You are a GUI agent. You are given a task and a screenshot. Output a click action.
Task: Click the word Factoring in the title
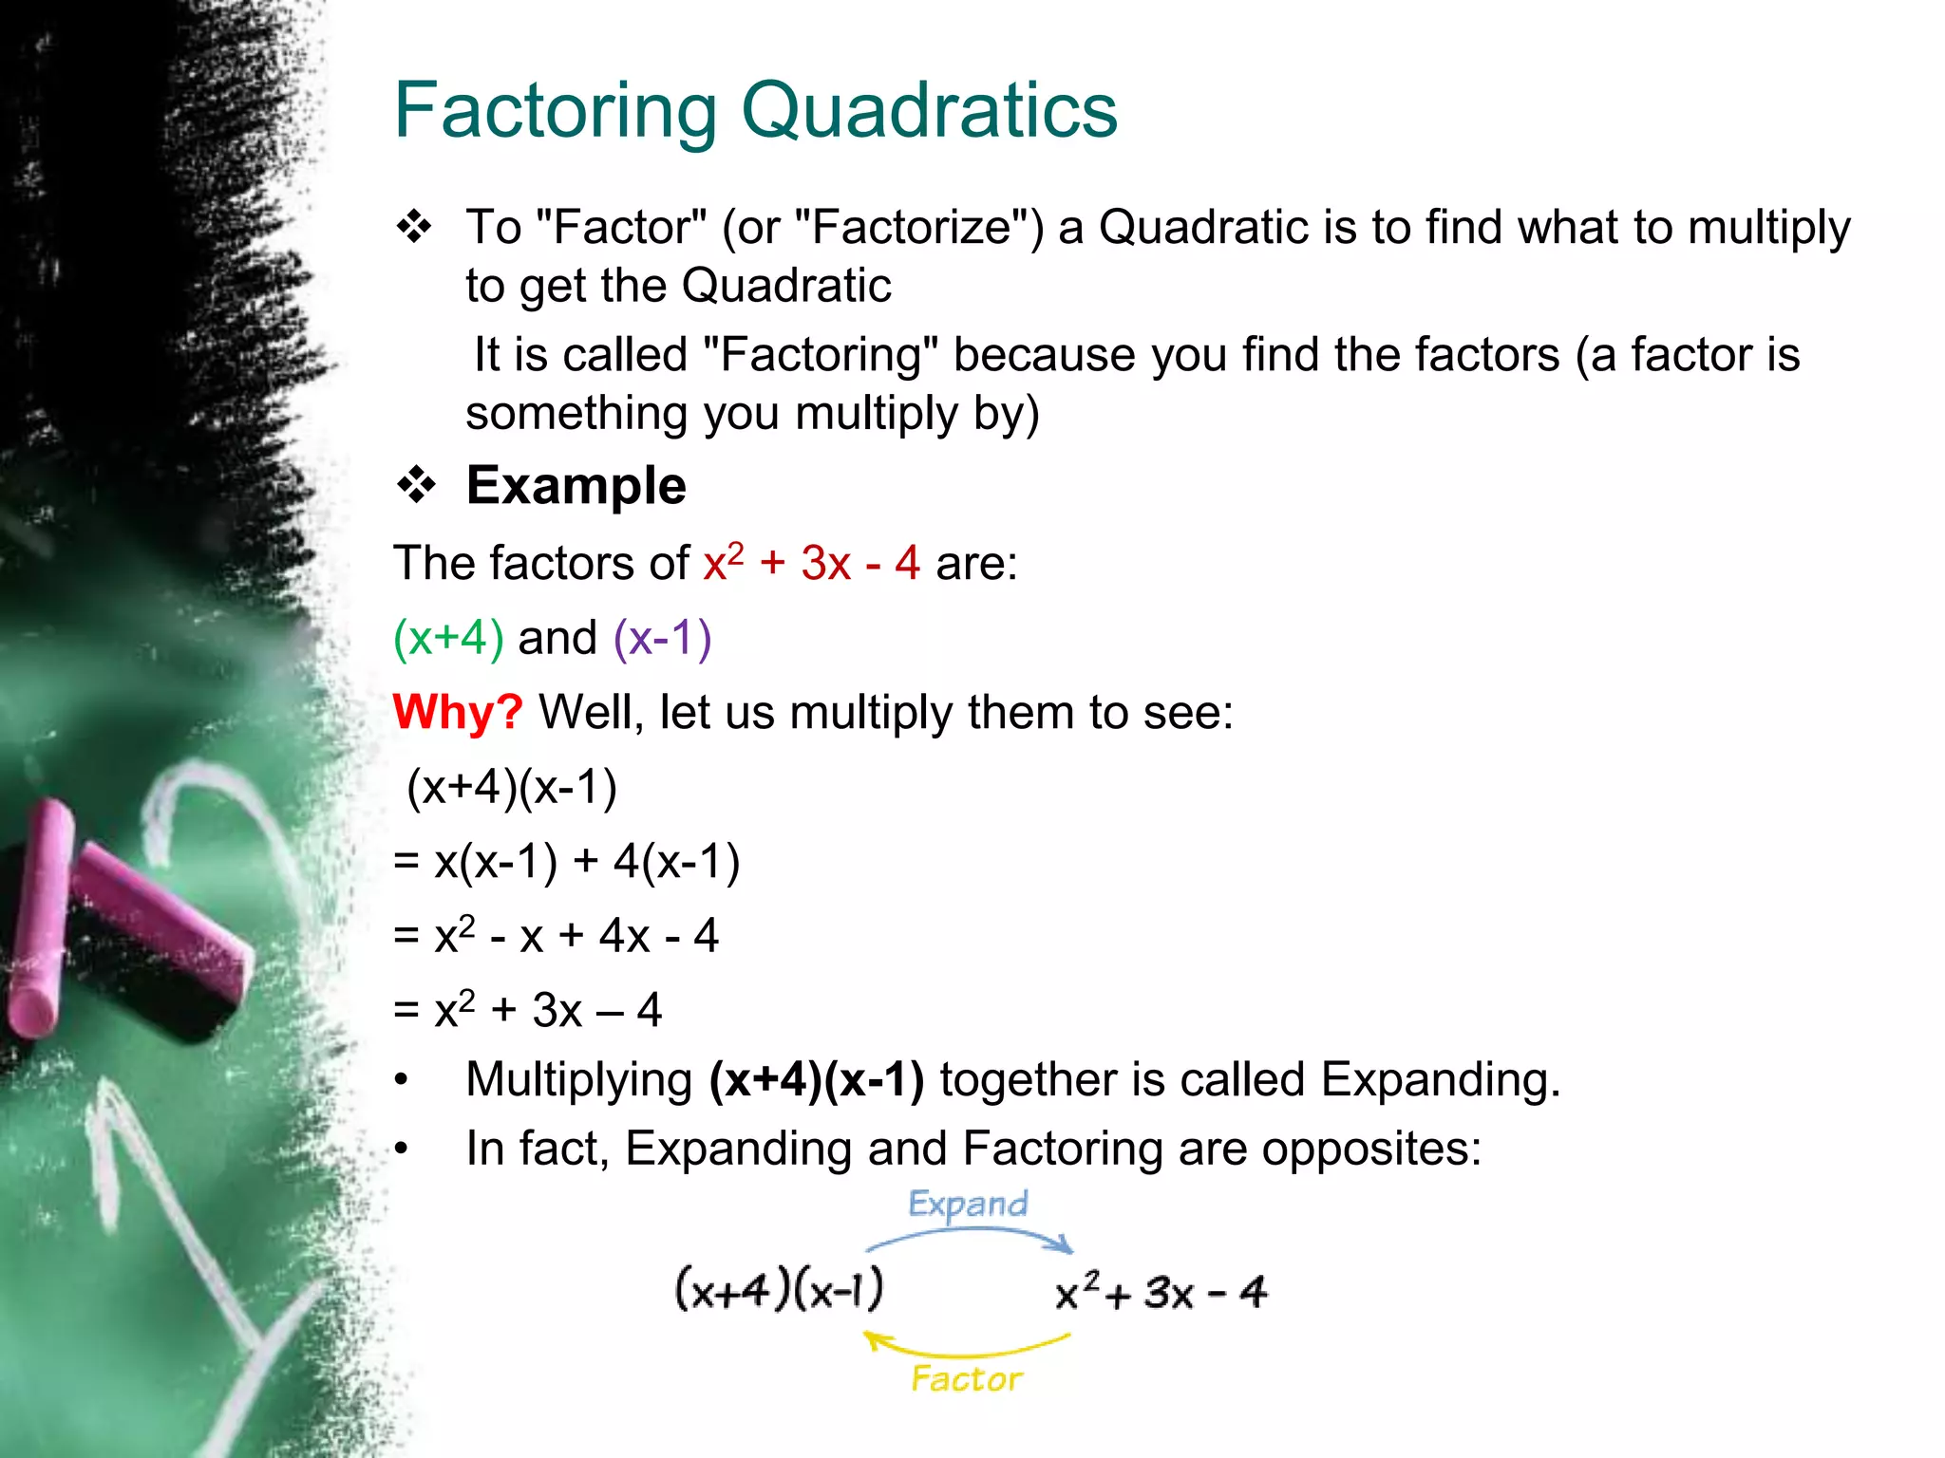556,112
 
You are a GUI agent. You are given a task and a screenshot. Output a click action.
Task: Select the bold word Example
576,486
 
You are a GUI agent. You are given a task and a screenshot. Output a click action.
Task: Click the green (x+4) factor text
448,637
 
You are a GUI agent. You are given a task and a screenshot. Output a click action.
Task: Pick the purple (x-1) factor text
662,637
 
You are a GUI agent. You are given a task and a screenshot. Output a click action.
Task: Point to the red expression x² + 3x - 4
811,562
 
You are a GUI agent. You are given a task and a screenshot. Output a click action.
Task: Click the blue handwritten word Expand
968,1205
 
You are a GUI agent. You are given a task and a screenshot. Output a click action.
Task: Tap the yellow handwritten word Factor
967,1378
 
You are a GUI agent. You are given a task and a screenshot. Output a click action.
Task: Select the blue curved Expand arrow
969,1235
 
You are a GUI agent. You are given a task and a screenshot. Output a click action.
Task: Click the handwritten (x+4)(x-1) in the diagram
779,1289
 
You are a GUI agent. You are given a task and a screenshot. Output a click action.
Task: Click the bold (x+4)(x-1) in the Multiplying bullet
817,1080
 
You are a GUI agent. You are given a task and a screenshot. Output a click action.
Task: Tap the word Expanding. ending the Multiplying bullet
1440,1080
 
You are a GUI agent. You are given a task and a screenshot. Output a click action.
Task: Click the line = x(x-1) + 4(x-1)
567,862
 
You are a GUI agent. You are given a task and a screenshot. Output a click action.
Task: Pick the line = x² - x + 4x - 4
557,936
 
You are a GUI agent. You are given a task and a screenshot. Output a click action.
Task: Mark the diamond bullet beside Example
416,486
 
